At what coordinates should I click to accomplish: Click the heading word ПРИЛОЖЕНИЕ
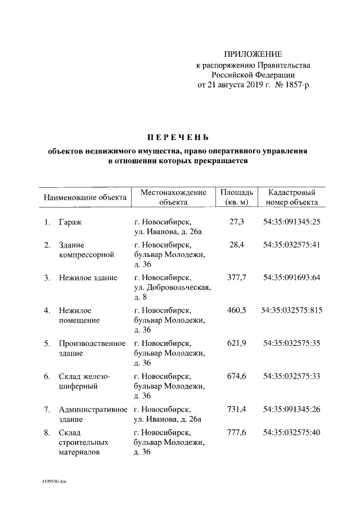tap(253, 54)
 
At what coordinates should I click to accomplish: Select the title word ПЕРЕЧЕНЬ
tap(178, 137)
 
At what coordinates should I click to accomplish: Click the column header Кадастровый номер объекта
tap(292, 197)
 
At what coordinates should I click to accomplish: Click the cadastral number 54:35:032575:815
tap(292, 310)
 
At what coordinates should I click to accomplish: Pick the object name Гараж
tap(70, 223)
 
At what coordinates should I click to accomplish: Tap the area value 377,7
tap(237, 277)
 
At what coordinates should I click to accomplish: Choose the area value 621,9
tap(237, 343)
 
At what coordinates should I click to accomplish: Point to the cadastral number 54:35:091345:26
tap(291, 409)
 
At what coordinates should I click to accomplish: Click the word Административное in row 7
tap(93, 409)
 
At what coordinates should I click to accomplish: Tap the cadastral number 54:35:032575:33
tap(291, 376)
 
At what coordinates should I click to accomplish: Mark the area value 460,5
tap(237, 310)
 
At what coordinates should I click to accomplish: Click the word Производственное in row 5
tap(92, 343)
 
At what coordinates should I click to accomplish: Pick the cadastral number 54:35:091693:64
tap(291, 277)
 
